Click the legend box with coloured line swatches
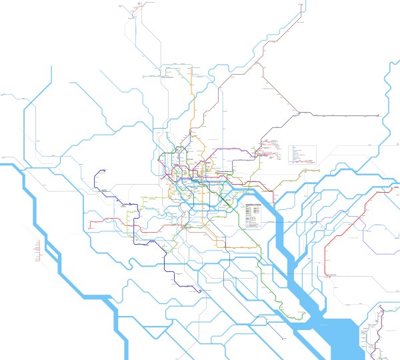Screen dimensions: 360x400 pos(254,211)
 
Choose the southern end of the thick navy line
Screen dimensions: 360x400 pos(197,291)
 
